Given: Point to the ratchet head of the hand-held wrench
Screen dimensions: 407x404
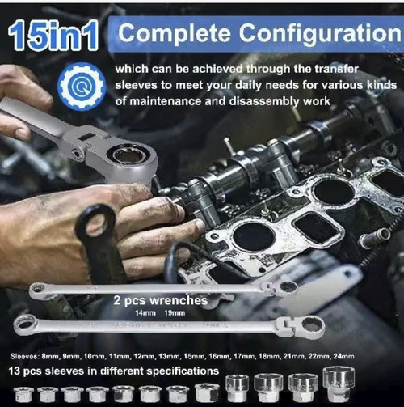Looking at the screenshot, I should [129, 154].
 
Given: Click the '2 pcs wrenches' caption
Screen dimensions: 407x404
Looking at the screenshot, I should [160, 300].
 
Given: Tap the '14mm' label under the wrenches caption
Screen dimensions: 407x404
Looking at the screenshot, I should [145, 312].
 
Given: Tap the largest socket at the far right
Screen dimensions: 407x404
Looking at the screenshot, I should [338, 384].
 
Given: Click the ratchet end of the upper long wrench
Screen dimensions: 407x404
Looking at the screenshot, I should [288, 286].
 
